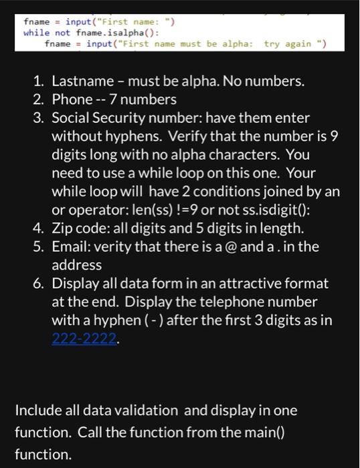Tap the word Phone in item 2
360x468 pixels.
pyautogui.click(x=72, y=100)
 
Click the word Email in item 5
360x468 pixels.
pyautogui.click(x=70, y=246)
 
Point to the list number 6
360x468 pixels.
pyautogui.click(x=39, y=283)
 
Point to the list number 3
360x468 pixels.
pyautogui.click(x=39, y=118)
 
